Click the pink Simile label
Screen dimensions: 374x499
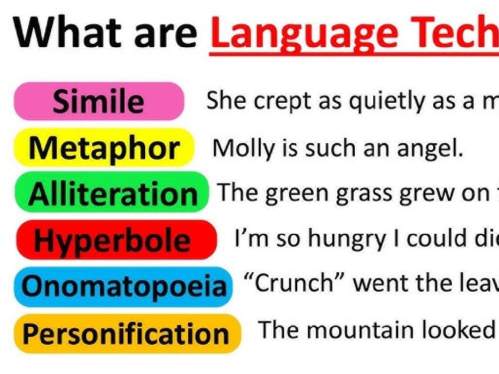[99, 102]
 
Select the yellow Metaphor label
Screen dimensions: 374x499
[104, 148]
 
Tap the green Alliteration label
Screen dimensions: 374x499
[112, 193]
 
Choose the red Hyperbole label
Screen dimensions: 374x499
[116, 240]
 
